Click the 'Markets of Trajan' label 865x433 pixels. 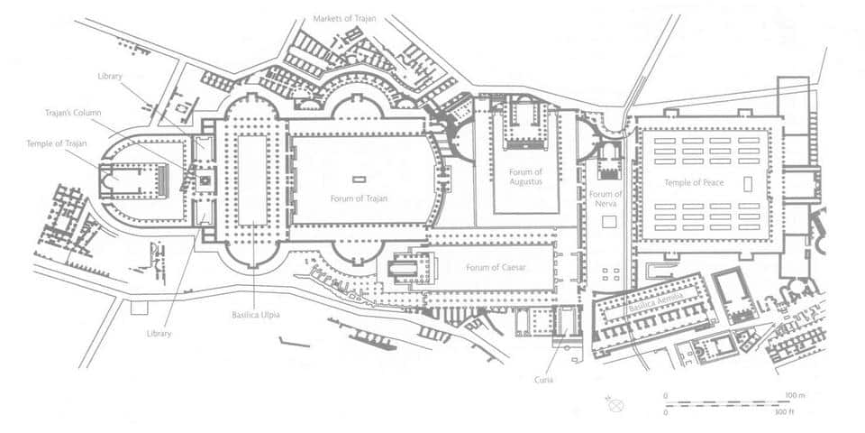(x=345, y=18)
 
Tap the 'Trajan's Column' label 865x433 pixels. (x=73, y=113)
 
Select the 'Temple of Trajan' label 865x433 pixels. (x=56, y=143)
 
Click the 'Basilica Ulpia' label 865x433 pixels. (x=256, y=316)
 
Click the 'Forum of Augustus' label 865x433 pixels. (x=525, y=177)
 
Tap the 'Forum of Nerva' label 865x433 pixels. (x=605, y=198)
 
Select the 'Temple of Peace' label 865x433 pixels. (x=694, y=183)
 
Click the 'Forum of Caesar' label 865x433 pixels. (x=496, y=268)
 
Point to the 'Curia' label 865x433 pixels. (x=543, y=380)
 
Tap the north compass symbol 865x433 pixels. (x=615, y=405)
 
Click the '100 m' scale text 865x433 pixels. (x=796, y=395)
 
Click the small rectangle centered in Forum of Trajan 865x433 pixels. (x=359, y=180)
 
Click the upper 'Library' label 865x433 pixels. (x=110, y=76)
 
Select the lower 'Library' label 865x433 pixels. (x=159, y=334)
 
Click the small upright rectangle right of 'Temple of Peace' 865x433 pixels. (x=748, y=184)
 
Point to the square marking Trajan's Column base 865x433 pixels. (x=205, y=180)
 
